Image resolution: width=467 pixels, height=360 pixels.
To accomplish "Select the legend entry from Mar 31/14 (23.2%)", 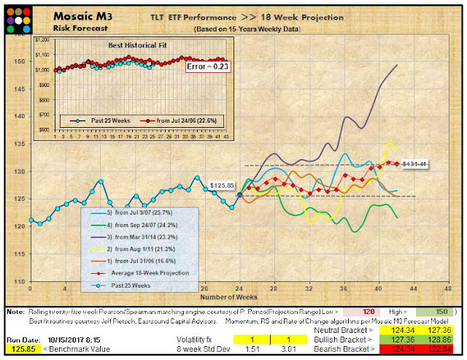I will point(144,237).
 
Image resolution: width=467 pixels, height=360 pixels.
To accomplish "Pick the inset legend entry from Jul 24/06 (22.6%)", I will point(174,117).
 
